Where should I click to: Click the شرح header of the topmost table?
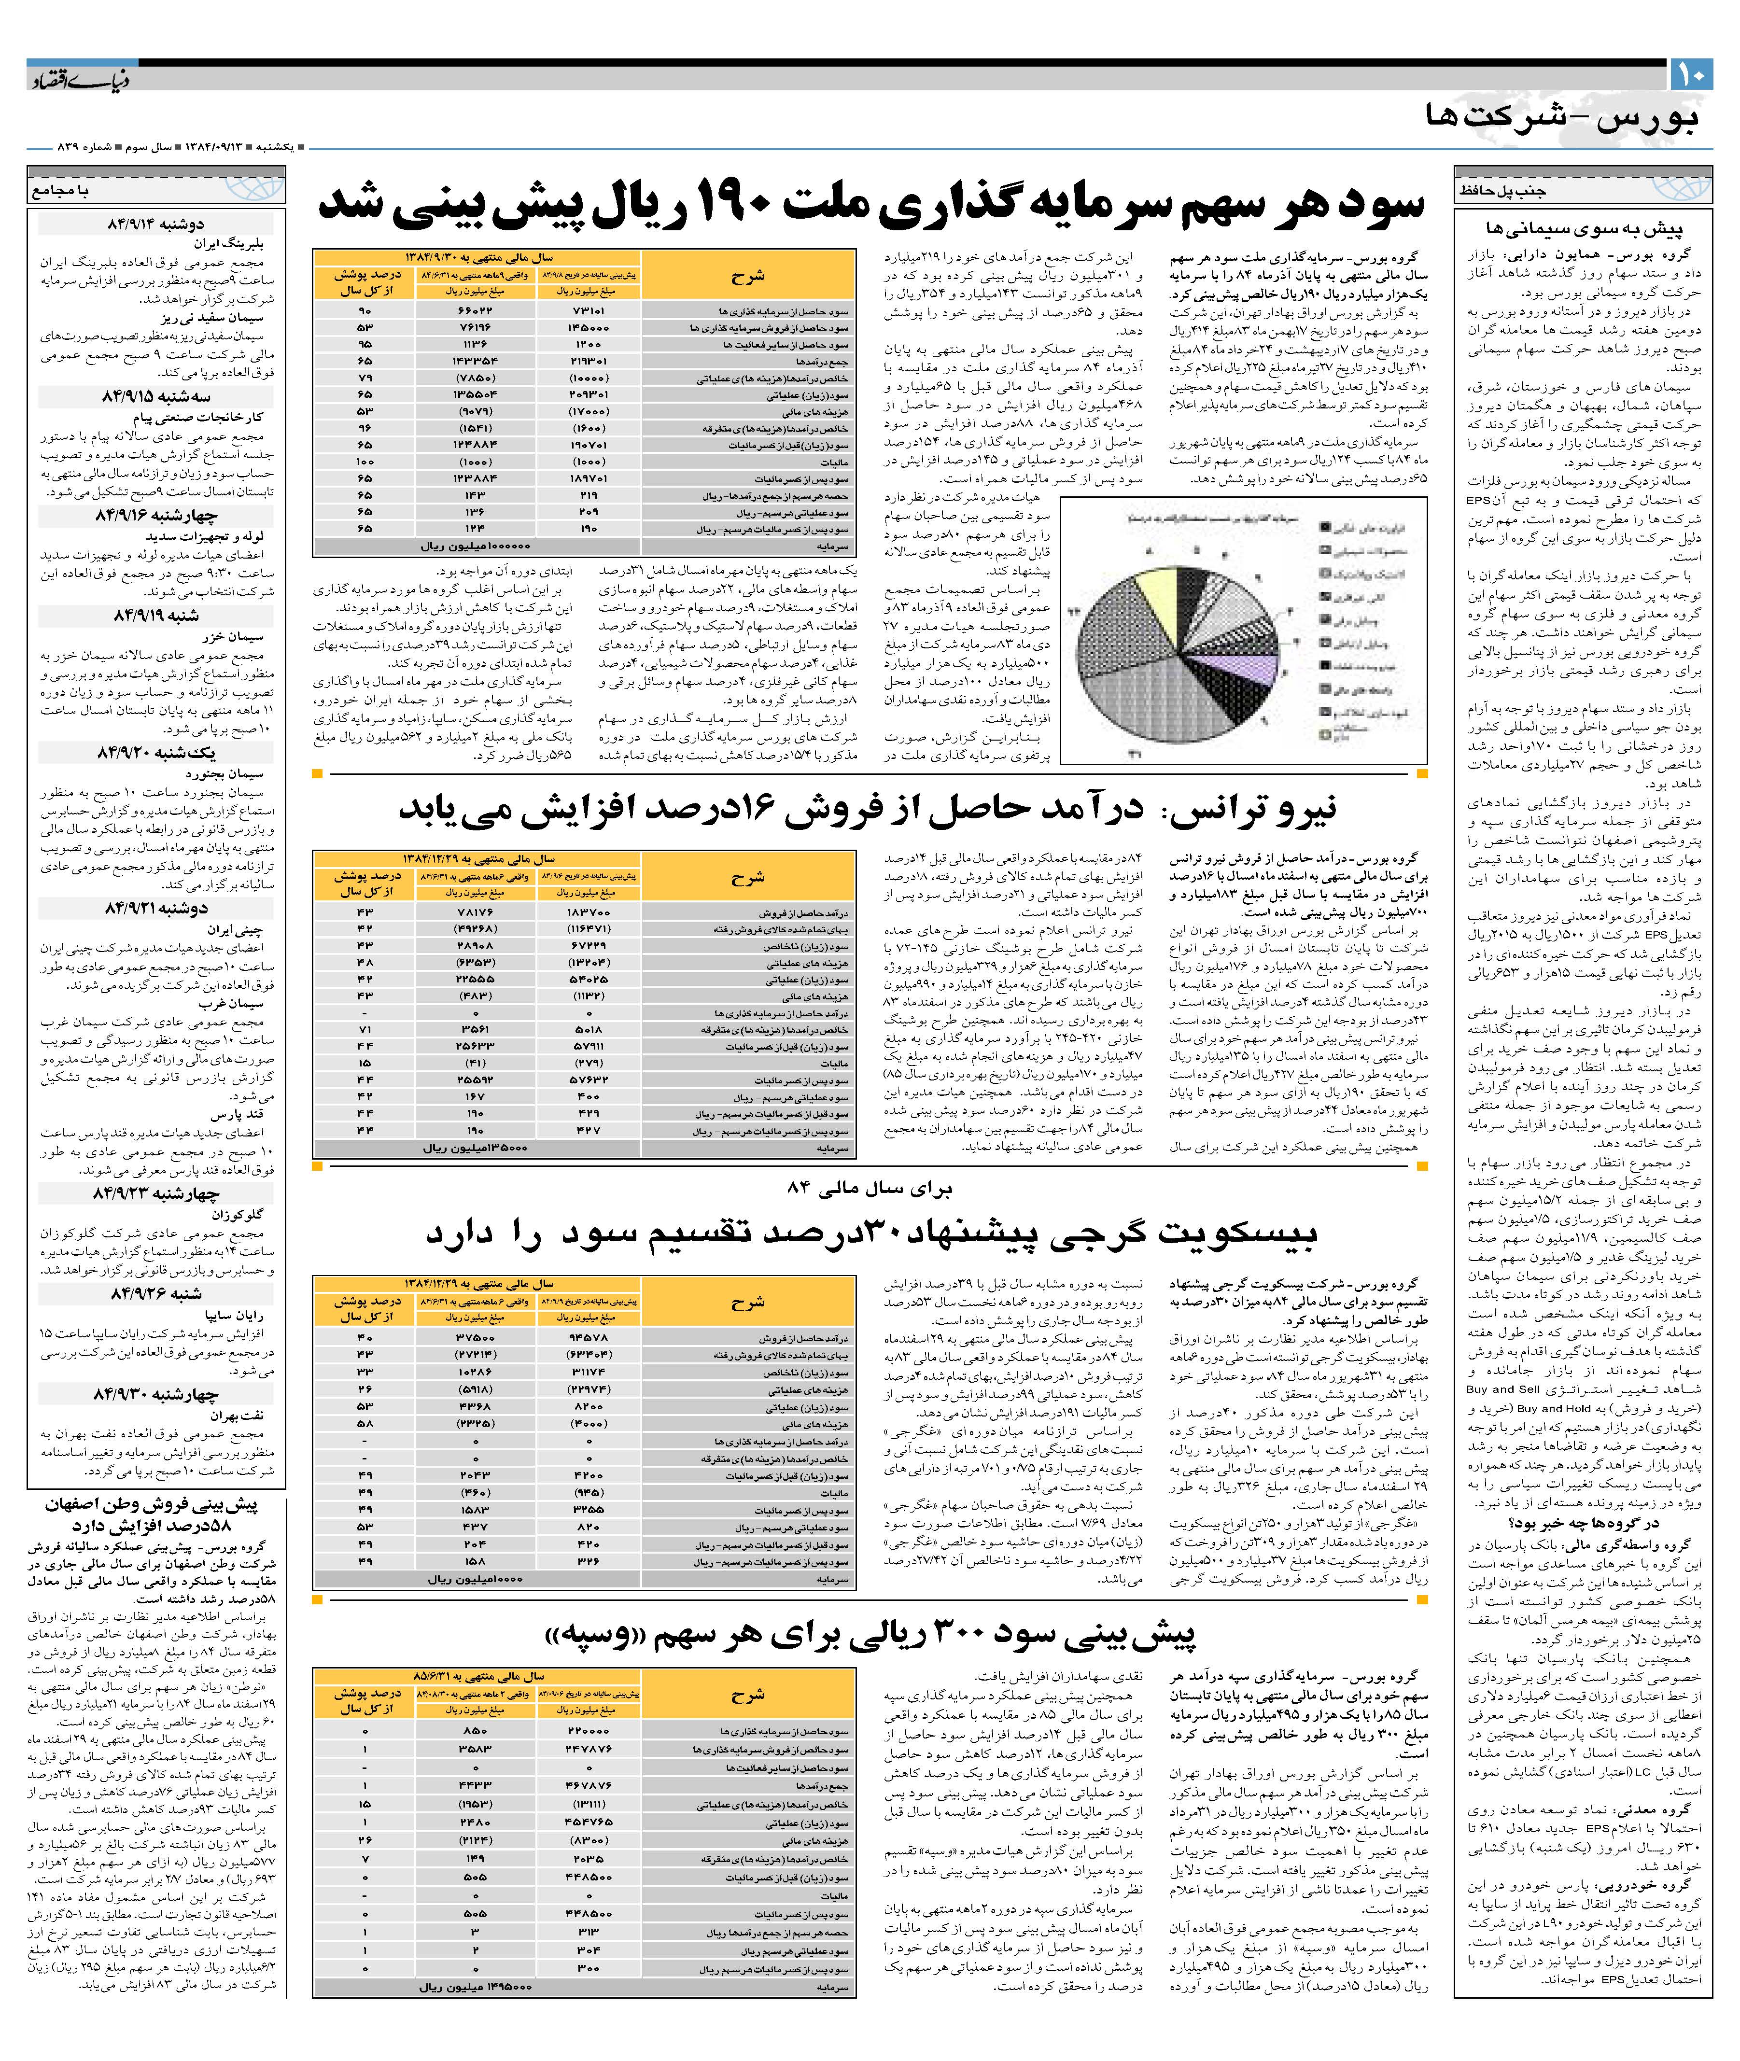click(748, 275)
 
